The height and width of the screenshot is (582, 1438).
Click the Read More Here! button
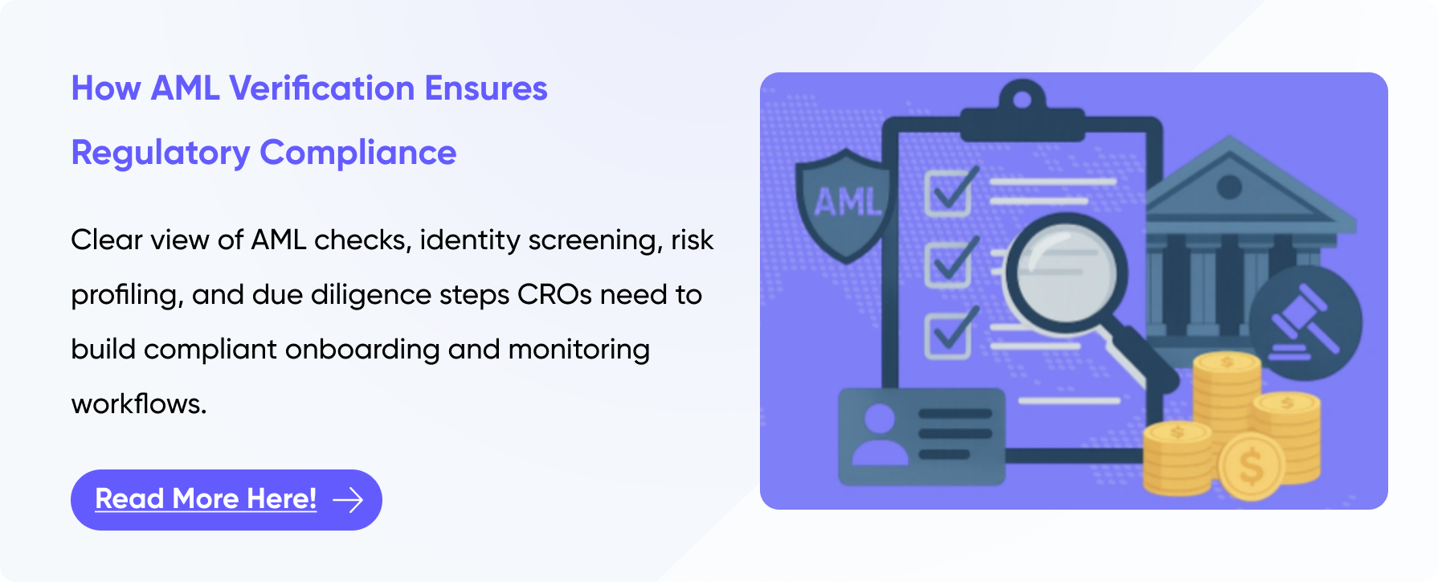pos(226,499)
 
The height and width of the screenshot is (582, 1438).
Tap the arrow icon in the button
pos(348,500)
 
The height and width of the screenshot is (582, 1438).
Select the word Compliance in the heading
pos(357,153)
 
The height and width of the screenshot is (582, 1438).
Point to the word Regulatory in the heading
pos(161,154)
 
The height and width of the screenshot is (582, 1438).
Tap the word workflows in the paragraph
pos(139,404)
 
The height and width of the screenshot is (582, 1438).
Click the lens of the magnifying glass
pos(1065,273)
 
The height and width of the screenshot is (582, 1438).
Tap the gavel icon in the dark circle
pos(1305,322)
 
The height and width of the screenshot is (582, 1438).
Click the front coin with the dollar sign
pos(1252,466)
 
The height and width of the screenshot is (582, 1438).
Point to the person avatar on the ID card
pos(880,434)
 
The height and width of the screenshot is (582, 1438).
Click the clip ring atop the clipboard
pos(1022,100)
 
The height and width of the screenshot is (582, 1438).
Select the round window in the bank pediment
pos(1229,187)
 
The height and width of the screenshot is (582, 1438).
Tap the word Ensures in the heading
pos(486,88)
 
